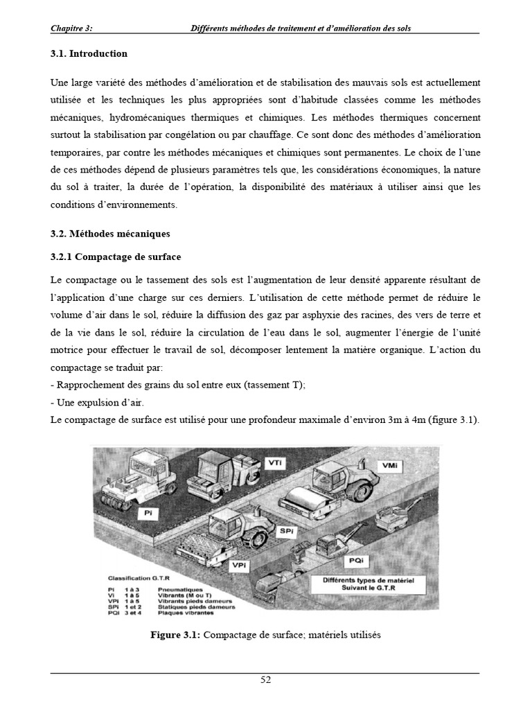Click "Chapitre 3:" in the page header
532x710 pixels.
(x=71, y=28)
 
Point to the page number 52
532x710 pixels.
(x=265, y=679)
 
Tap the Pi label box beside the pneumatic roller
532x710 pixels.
(x=148, y=513)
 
